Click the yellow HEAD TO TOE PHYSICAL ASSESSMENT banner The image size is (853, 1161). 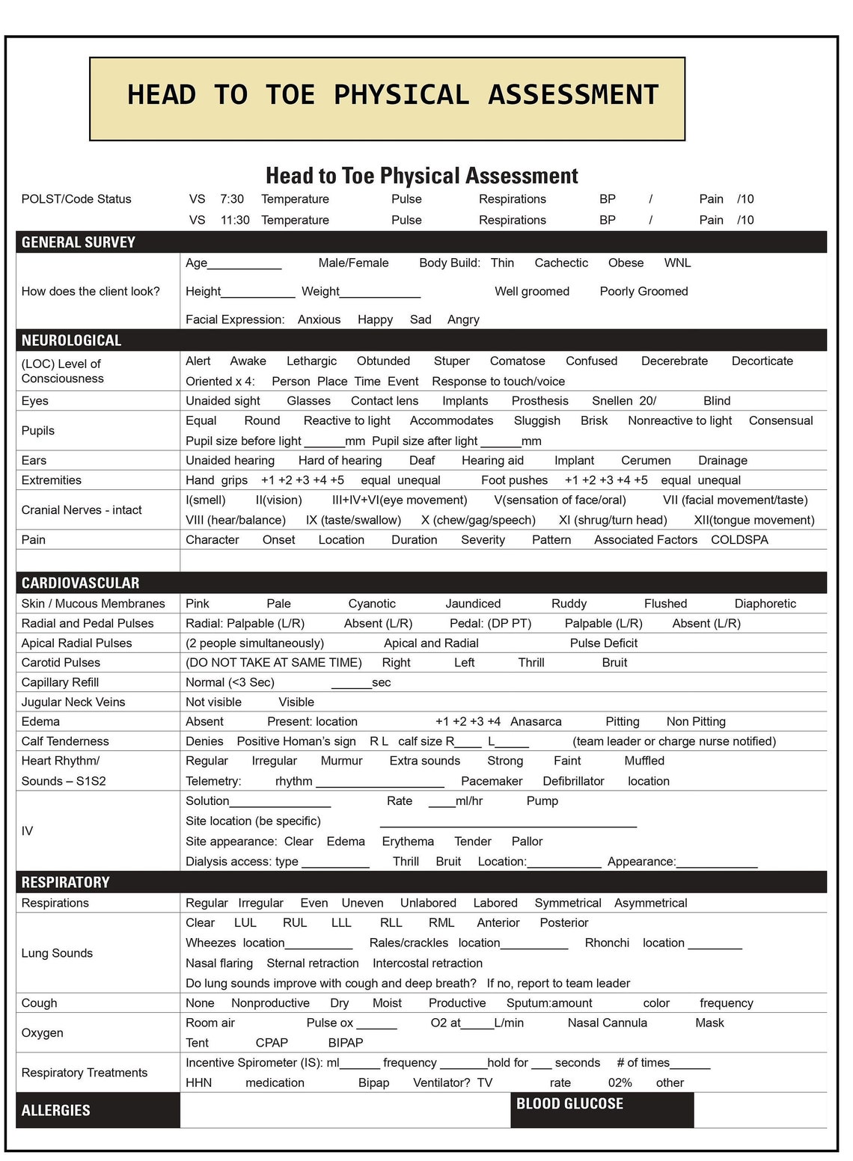pos(387,98)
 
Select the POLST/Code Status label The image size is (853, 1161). pos(76,199)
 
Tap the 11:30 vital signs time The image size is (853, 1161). pos(235,220)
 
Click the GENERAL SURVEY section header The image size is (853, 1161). pos(79,242)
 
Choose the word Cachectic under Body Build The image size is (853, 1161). pos(561,263)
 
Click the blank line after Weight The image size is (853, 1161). pos(380,292)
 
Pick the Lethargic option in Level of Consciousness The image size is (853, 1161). pos(311,361)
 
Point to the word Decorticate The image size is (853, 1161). pos(762,361)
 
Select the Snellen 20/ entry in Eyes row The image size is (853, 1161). pos(623,401)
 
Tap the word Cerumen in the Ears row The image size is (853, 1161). pos(646,461)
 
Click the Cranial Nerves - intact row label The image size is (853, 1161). pos(82,510)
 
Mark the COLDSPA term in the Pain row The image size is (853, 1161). pos(739,540)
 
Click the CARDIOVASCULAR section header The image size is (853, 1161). pos(80,583)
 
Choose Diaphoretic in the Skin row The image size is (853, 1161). pos(765,604)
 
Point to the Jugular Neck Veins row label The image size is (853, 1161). pos(73,702)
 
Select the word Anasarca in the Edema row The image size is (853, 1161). pos(536,722)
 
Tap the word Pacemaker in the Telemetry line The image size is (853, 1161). pos(492,781)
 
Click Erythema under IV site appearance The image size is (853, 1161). pos(408,842)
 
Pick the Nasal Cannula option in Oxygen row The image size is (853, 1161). pos(607,1023)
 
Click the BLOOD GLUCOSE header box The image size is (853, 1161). pos(601,1109)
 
